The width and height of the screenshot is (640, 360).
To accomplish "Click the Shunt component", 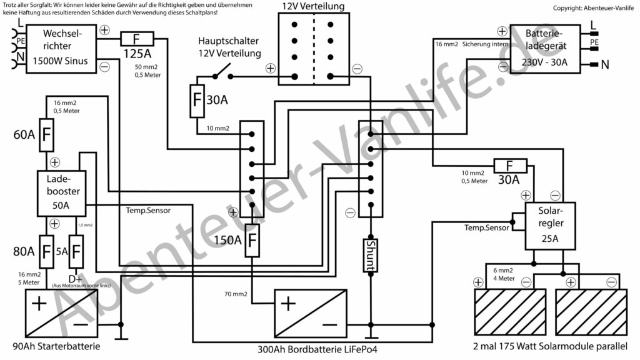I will tap(370, 255).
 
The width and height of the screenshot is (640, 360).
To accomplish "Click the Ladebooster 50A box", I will tap(62, 193).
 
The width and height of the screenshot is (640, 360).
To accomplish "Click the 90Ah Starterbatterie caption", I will tap(56, 347).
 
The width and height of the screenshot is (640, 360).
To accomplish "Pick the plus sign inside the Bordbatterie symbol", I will tap(288, 304).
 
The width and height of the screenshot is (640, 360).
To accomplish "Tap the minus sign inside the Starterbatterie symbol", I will tap(80, 325).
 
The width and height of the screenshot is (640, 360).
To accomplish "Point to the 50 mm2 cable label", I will tap(147, 66).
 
